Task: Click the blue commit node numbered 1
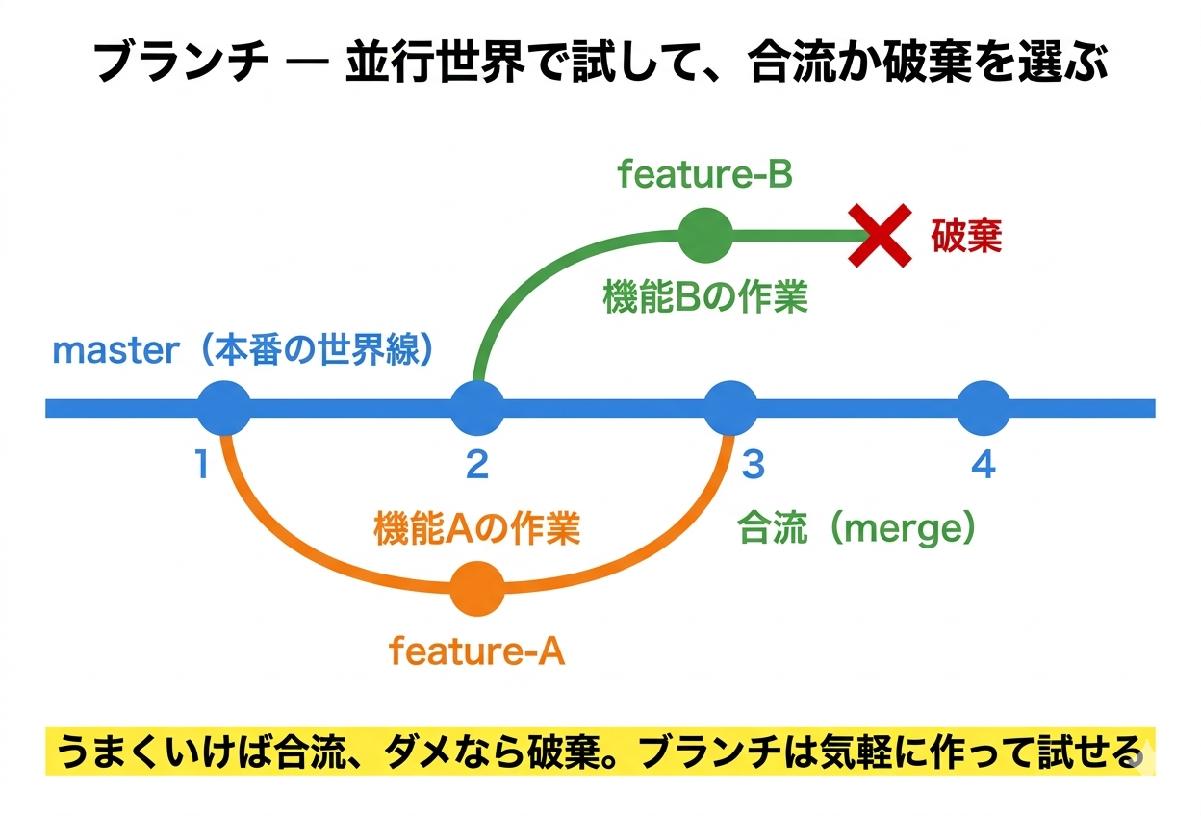pyautogui.click(x=223, y=408)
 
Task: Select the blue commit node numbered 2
pyautogui.click(x=477, y=408)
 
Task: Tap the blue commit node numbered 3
pyautogui.click(x=731, y=408)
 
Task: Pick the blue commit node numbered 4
pyautogui.click(x=984, y=408)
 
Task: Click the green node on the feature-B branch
pyautogui.click(x=705, y=234)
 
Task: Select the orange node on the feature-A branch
pyautogui.click(x=477, y=589)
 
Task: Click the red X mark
pyautogui.click(x=880, y=235)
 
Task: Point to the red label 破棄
pyautogui.click(x=966, y=236)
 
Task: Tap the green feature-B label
pyautogui.click(x=704, y=175)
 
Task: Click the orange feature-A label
pyautogui.click(x=476, y=651)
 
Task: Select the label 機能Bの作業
pyautogui.click(x=704, y=297)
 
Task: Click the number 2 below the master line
pyautogui.click(x=477, y=466)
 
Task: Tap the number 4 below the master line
pyautogui.click(x=983, y=466)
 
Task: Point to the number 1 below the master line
pyautogui.click(x=201, y=466)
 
